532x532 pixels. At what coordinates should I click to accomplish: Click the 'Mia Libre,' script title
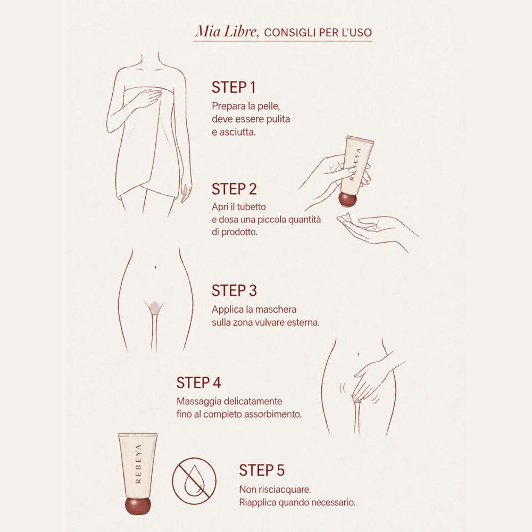227,31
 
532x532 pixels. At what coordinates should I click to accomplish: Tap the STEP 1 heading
234,87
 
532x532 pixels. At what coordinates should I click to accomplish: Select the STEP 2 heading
234,189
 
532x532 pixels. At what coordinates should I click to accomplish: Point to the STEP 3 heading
234,290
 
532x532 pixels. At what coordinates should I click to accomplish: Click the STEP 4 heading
199,383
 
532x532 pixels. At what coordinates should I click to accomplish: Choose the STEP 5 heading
262,470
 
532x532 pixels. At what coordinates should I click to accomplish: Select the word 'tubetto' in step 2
251,206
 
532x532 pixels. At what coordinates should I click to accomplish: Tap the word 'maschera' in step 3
276,310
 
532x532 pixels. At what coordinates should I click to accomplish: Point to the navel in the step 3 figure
155,268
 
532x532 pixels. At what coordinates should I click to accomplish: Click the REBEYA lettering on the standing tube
138,463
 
